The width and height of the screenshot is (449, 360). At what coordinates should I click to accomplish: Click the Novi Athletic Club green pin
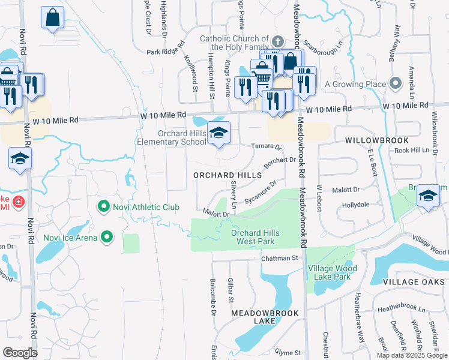[104, 208]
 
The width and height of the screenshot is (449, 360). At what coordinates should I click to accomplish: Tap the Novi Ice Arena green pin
[107, 237]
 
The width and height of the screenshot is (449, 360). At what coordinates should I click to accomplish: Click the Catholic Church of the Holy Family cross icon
[277, 41]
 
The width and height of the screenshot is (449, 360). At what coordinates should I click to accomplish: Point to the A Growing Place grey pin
[395, 84]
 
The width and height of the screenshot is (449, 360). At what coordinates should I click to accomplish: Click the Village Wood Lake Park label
[332, 273]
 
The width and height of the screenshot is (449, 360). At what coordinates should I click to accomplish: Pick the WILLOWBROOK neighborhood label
[368, 139]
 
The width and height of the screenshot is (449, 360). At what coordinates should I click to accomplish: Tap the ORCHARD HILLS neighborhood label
[228, 175]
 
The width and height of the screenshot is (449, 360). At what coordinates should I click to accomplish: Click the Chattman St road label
[279, 258]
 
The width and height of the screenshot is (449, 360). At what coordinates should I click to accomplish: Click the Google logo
[20, 353]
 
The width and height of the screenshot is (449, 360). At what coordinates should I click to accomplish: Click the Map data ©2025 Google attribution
[411, 355]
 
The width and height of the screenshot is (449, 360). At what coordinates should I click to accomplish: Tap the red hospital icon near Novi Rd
[18, 202]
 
